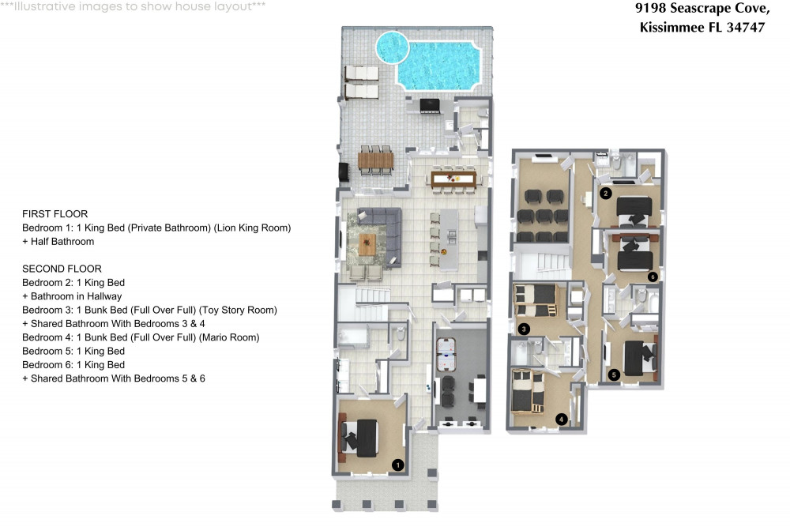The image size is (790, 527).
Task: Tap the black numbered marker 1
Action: click(x=398, y=465)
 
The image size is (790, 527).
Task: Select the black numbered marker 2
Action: click(x=606, y=193)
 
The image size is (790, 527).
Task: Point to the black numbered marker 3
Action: click(x=523, y=329)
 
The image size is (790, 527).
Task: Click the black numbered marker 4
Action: click(x=562, y=419)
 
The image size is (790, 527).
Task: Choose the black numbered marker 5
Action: click(x=614, y=375)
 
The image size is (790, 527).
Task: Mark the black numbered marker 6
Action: click(x=653, y=277)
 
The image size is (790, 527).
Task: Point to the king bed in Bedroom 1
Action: click(x=365, y=438)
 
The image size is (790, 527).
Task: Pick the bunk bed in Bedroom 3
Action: click(x=535, y=300)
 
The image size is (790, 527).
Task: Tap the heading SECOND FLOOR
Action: click(x=62, y=269)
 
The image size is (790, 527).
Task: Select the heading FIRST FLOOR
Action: click(x=55, y=214)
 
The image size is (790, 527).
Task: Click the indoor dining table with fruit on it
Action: click(x=453, y=179)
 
